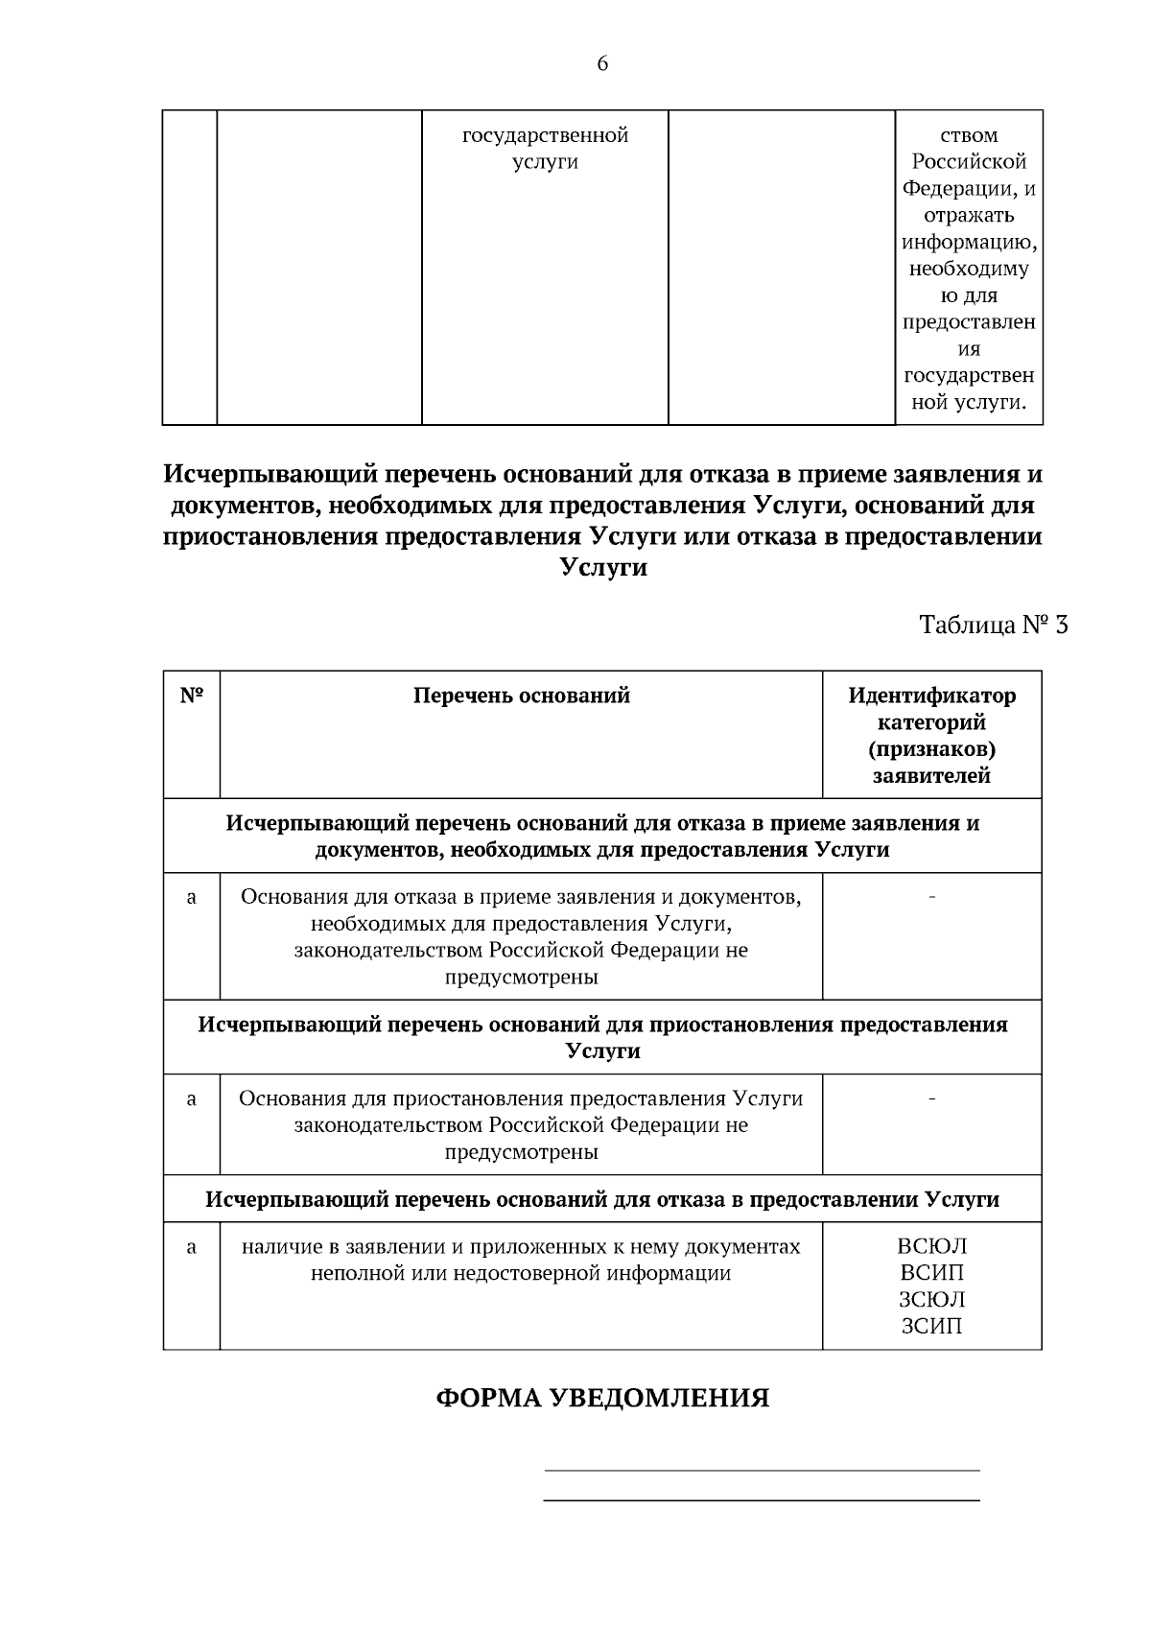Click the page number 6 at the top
click(602, 64)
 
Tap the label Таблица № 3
click(993, 625)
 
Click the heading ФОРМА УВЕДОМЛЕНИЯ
click(602, 1398)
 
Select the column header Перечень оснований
click(521, 696)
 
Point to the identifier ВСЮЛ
click(931, 1246)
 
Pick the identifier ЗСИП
click(931, 1327)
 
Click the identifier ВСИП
click(931, 1273)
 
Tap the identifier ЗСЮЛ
click(931, 1300)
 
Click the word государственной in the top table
click(545, 135)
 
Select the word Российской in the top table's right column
click(969, 162)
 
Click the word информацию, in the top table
click(969, 242)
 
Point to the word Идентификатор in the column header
click(931, 696)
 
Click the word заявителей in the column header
click(931, 776)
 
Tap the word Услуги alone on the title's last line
click(602, 567)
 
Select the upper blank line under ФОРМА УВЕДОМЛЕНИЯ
click(762, 1470)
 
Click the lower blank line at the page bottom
click(762, 1500)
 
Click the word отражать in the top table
click(969, 216)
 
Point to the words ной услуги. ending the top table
click(969, 402)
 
